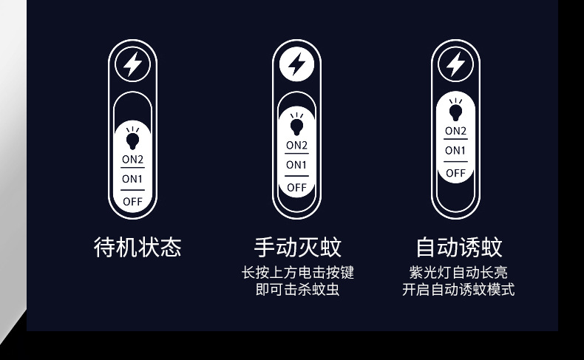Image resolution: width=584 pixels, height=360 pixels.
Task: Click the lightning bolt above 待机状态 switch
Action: [133, 65]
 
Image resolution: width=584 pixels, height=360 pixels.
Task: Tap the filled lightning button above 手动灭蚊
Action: [296, 65]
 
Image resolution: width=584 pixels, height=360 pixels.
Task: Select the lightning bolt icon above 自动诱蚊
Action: [455, 65]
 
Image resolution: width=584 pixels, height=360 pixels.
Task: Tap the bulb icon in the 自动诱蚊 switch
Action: [455, 109]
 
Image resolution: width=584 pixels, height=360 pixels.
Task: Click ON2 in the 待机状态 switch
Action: [133, 159]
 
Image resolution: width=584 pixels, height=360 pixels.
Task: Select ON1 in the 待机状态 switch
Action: [133, 179]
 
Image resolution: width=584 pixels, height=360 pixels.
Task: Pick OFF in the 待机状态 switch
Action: [133, 200]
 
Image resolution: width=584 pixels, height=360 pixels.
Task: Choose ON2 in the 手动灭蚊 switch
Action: [296, 145]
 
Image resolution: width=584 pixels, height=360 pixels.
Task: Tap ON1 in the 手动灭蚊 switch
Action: [296, 165]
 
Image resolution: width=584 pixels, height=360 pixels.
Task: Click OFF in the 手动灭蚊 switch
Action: [296, 187]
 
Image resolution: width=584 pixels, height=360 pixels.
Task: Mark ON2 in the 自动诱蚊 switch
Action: [455, 131]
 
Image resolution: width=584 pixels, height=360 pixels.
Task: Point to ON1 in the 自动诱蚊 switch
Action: [455, 151]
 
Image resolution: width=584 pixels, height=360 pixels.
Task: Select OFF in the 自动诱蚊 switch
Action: [455, 173]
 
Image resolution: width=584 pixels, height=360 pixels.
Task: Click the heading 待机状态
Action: [137, 247]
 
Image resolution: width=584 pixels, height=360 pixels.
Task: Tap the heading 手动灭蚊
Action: [297, 247]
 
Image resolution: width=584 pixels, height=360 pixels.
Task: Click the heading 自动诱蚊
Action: [459, 247]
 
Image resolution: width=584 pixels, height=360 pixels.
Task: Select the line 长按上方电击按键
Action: [297, 273]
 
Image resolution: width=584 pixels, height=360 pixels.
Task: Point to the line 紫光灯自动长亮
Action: [458, 273]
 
